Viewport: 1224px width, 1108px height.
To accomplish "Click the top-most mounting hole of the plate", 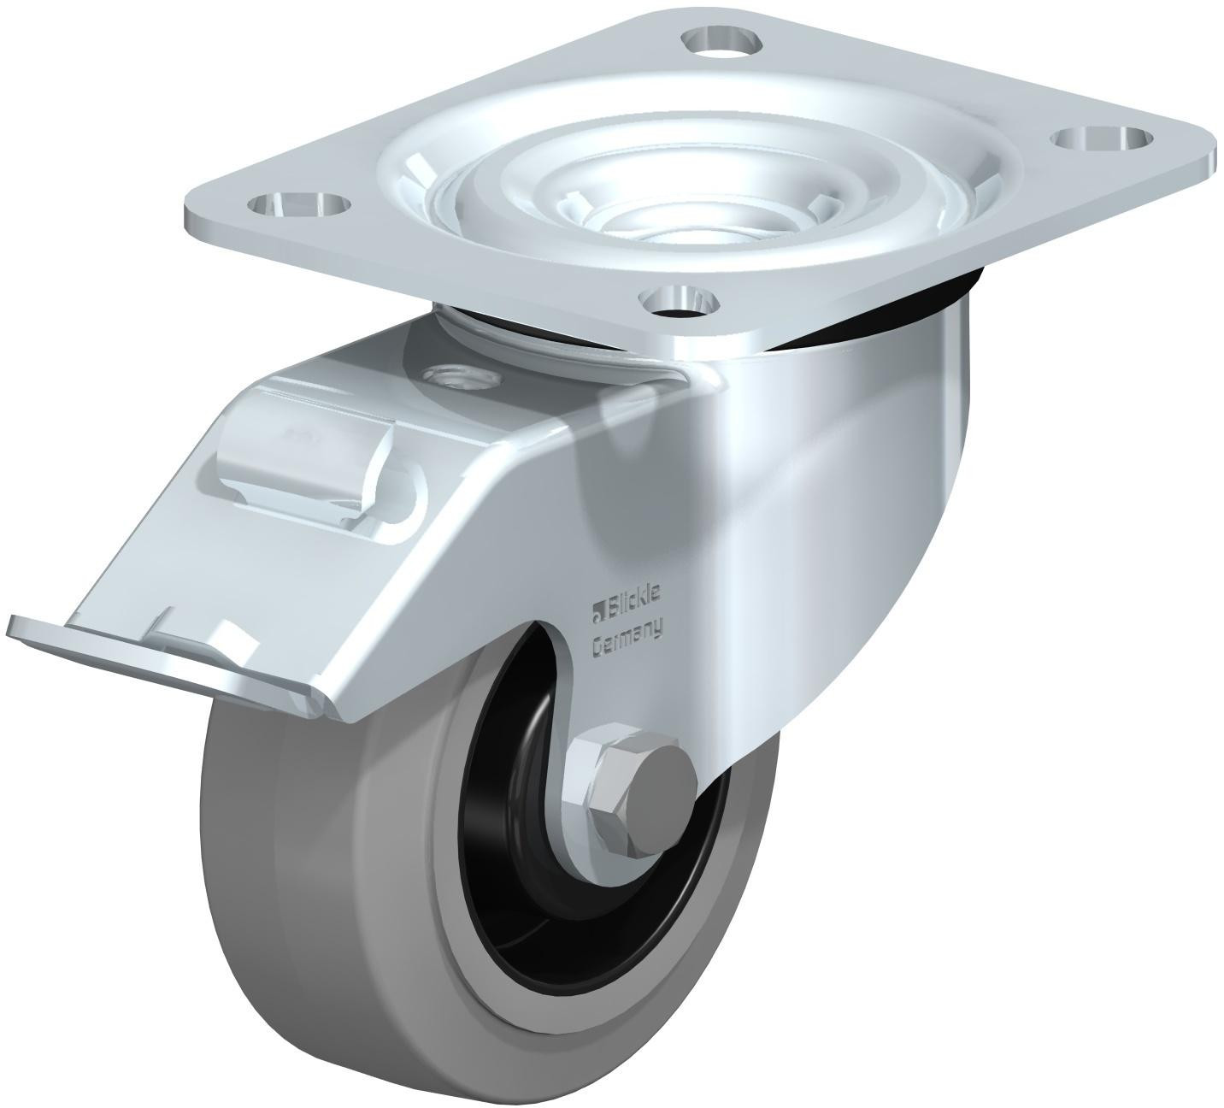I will (725, 40).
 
